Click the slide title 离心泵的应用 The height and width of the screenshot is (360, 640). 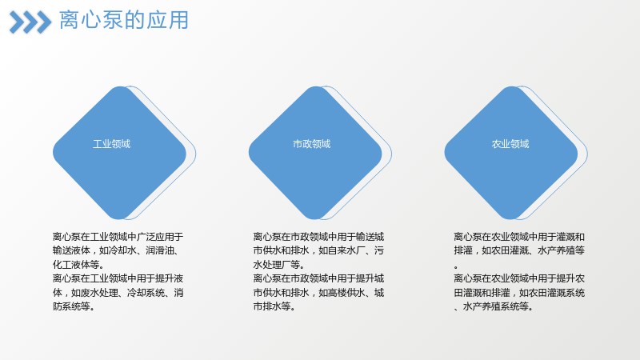coord(124,21)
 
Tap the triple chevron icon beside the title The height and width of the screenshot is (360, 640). coord(30,22)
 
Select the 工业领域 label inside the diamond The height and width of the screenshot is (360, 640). coord(111,144)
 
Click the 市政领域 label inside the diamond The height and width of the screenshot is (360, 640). coord(311,144)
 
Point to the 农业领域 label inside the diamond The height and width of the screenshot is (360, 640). coord(510,144)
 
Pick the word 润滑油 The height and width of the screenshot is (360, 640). coord(159,250)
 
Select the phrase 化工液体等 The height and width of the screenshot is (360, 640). coord(76,265)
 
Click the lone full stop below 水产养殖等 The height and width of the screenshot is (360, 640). coord(456,267)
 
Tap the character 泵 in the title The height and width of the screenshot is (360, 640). coord(113,21)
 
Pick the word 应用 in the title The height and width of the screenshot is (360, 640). coord(167,21)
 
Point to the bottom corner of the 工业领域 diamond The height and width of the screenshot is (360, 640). coord(119,219)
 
